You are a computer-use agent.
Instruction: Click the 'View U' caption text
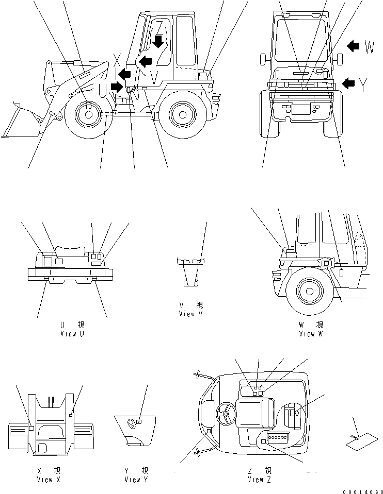point(72,334)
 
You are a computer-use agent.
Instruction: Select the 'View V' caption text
point(190,314)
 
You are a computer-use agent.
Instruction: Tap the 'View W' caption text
point(311,334)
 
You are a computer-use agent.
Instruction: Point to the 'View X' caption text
point(49,480)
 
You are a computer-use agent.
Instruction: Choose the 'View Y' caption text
point(136,480)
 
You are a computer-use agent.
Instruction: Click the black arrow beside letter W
point(354,47)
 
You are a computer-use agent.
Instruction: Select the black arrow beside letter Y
point(349,82)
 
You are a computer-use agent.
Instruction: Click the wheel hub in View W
point(309,292)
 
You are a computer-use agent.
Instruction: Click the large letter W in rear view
point(369,47)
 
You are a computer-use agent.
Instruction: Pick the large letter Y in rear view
point(363,85)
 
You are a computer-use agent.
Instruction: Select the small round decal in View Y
point(139,422)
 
